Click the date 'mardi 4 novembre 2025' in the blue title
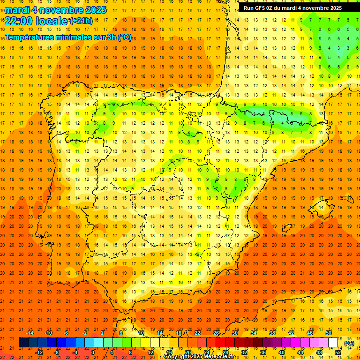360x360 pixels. click(56, 10)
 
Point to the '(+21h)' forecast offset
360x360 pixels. click(81, 21)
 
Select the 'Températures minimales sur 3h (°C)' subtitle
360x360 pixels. click(68, 37)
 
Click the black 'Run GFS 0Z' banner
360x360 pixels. click(292, 8)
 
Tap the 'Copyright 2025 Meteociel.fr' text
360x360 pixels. click(199, 357)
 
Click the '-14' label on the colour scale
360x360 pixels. click(30, 333)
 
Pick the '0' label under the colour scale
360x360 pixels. click(93, 352)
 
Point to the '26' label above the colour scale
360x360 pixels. click(216, 333)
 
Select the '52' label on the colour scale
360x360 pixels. click(338, 352)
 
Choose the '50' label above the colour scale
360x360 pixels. click(329, 333)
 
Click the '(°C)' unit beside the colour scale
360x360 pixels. click(349, 343)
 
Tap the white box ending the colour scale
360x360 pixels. click(333, 343)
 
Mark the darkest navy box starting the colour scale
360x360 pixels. click(23, 343)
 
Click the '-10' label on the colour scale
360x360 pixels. click(48, 333)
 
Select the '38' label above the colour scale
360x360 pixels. click(272, 333)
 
